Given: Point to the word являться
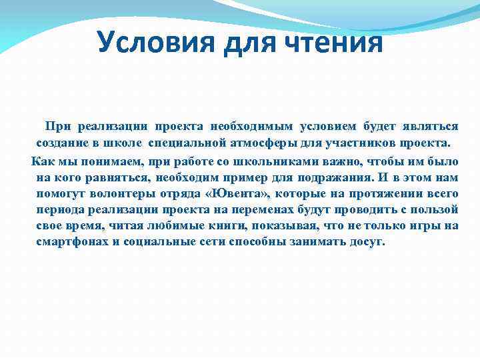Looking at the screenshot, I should (x=430, y=126).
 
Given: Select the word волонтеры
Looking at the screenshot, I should (x=120, y=193).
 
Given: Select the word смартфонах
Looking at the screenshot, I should (x=71, y=241).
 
